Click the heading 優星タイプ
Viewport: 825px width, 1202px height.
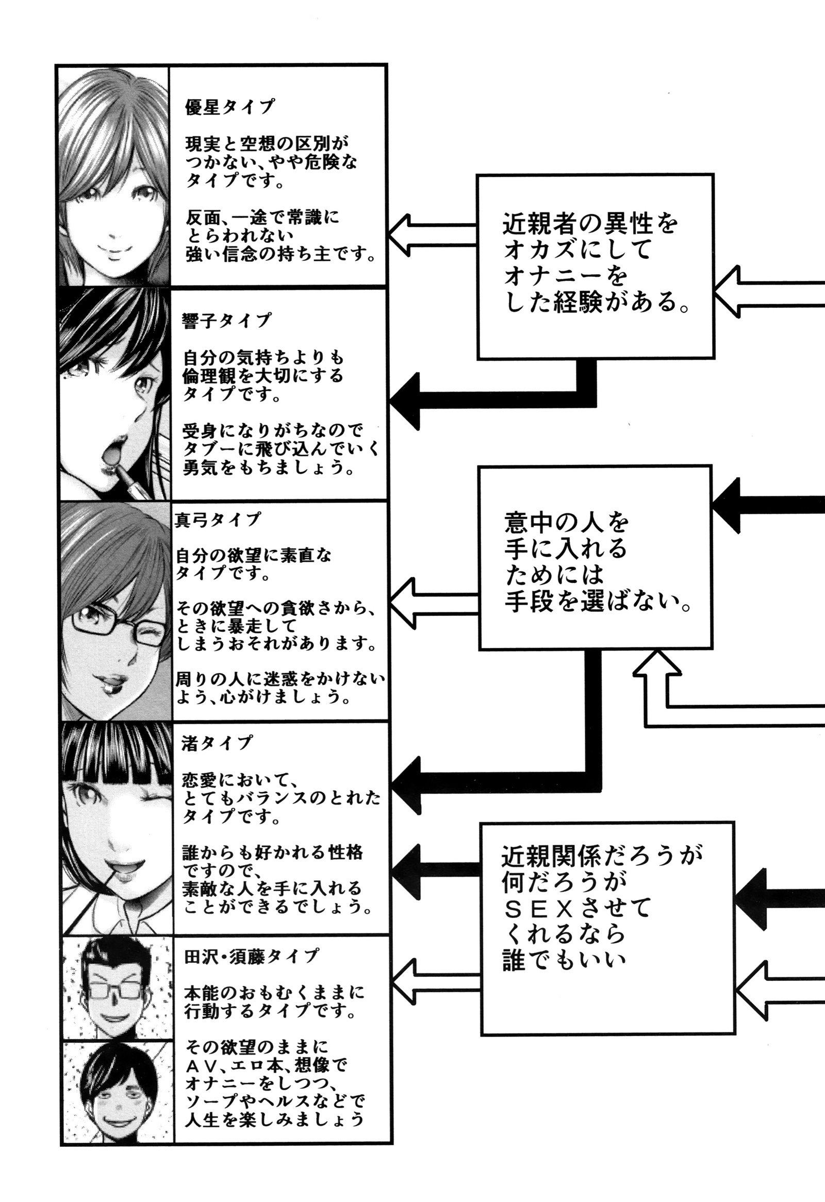pyautogui.click(x=229, y=107)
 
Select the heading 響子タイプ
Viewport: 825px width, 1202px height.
pyautogui.click(x=226, y=321)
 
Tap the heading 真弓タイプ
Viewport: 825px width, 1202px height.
pyautogui.click(x=218, y=519)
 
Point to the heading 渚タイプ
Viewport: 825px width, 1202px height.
pyautogui.click(x=217, y=743)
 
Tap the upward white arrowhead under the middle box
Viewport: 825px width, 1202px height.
pyautogui.click(x=656, y=664)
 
